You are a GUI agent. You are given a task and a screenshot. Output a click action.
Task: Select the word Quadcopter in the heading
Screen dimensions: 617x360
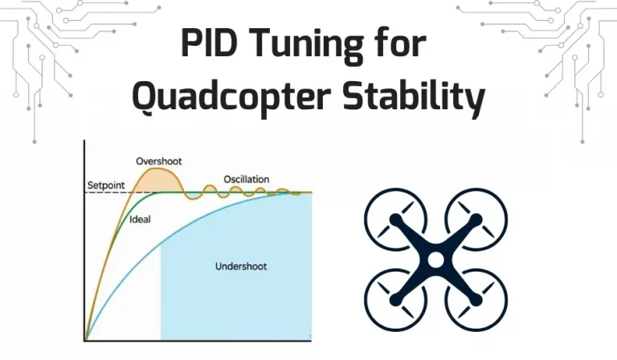(231, 96)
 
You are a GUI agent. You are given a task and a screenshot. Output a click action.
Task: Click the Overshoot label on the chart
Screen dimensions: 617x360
(159, 162)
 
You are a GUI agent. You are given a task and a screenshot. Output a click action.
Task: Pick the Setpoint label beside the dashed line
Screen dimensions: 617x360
(106, 186)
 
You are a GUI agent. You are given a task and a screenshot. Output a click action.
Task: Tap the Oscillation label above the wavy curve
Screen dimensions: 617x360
(247, 179)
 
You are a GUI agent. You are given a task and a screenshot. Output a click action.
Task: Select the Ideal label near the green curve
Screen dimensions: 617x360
(140, 219)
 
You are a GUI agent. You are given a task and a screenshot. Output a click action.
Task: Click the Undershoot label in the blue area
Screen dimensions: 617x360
(241, 266)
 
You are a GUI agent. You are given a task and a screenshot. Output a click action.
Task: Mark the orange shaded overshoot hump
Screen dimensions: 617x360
(157, 180)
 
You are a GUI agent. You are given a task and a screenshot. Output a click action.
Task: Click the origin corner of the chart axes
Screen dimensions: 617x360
(84, 341)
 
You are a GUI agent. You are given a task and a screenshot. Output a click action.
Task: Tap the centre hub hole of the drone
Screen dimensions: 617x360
(435, 260)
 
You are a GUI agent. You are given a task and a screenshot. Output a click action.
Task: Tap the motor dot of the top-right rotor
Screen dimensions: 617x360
(476, 219)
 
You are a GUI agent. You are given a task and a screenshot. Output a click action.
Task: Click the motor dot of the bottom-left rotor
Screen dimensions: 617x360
(395, 301)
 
